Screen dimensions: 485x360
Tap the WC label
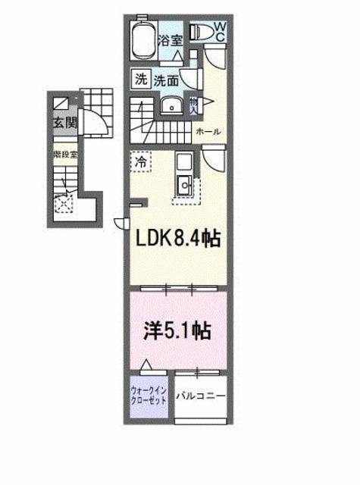pyautogui.click(x=219, y=31)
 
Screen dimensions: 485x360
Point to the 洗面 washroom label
pyautogui.click(x=167, y=80)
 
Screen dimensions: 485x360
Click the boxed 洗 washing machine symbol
pyautogui.click(x=141, y=79)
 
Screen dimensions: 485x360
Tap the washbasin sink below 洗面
pyautogui.click(x=172, y=105)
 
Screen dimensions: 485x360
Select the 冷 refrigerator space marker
pyautogui.click(x=141, y=161)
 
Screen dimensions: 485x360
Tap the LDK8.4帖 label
pyautogui.click(x=177, y=240)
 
